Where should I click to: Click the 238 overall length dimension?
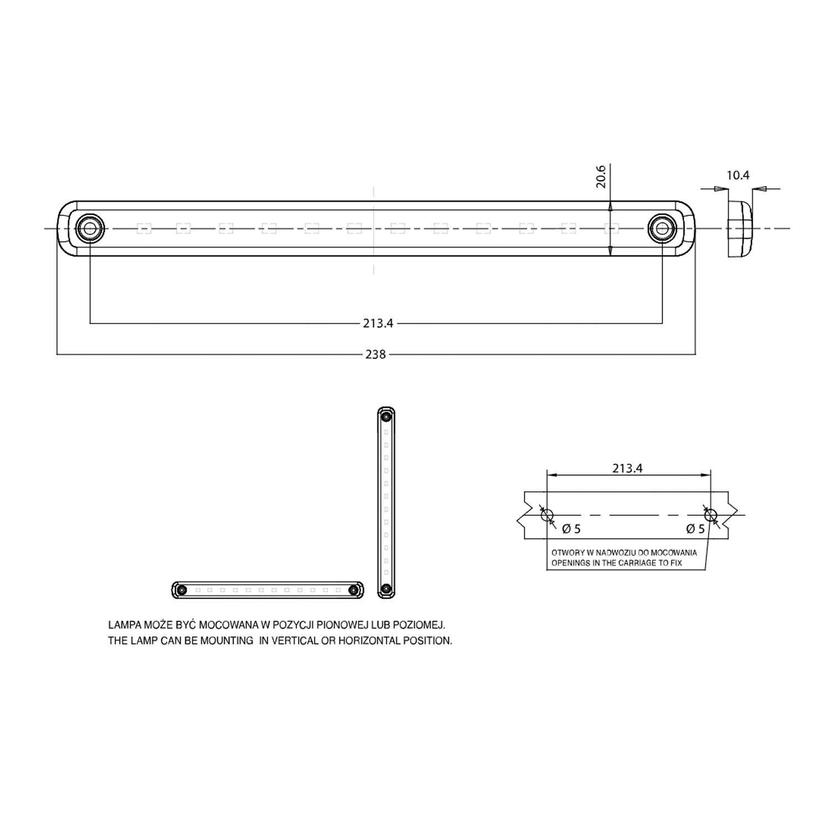pyautogui.click(x=375, y=355)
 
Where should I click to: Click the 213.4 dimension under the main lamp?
pyautogui.click(x=378, y=324)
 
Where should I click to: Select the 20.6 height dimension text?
pyautogui.click(x=601, y=176)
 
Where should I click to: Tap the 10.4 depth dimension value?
pyautogui.click(x=737, y=176)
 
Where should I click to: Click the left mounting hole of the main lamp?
pyautogui.click(x=89, y=228)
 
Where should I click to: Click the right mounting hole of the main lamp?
pyautogui.click(x=662, y=228)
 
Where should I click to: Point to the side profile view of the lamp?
pyautogui.click(x=739, y=228)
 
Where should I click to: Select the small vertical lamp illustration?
pyautogui.click(x=386, y=502)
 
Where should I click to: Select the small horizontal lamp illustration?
pyautogui.click(x=268, y=590)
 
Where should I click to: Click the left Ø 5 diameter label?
pyautogui.click(x=571, y=529)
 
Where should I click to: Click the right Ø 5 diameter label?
pyautogui.click(x=695, y=529)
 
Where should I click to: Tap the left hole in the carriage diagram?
pyautogui.click(x=547, y=515)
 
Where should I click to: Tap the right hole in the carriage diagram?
pyautogui.click(x=710, y=515)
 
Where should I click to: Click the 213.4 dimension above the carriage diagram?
pyautogui.click(x=627, y=469)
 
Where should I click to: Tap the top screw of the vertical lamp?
pyautogui.click(x=386, y=416)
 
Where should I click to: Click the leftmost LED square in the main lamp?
pyautogui.click(x=144, y=228)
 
